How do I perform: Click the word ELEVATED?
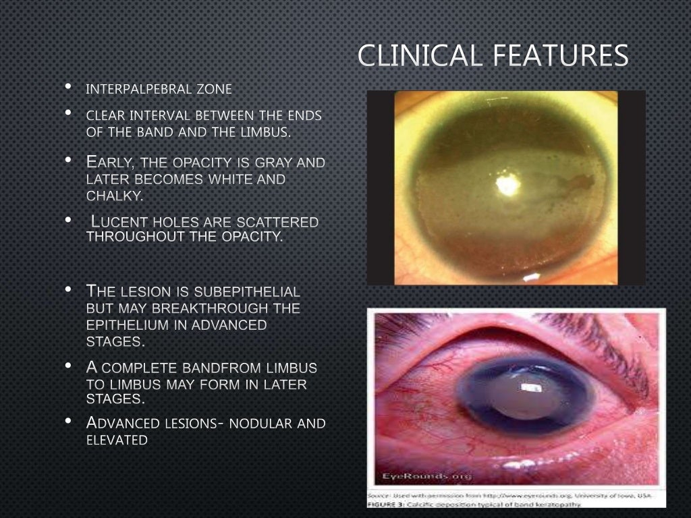point(117,440)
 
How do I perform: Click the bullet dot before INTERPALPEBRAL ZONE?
point(69,87)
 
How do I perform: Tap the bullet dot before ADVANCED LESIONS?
point(69,422)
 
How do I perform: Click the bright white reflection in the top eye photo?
point(507,182)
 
